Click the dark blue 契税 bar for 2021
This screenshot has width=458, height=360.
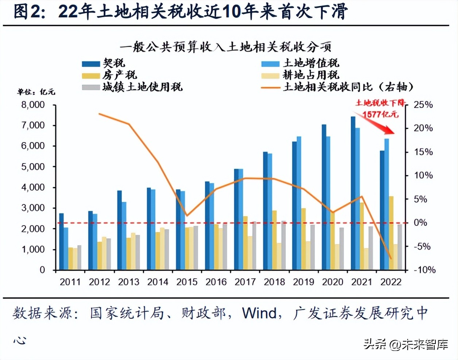pyautogui.click(x=353, y=193)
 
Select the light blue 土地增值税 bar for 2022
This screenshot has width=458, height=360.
pyautogui.click(x=387, y=204)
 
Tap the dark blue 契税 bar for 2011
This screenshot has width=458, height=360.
pyautogui.click(x=61, y=242)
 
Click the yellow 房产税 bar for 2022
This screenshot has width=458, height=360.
pyautogui.click(x=391, y=233)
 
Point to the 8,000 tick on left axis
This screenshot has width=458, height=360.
pyautogui.click(x=33, y=105)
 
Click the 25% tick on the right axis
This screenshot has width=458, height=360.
pyautogui.click(x=423, y=105)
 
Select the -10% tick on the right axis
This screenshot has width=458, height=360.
pyautogui.click(x=424, y=270)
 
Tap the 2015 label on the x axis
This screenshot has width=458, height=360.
pyautogui.click(x=187, y=282)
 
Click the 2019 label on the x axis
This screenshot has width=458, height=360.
pyautogui.click(x=303, y=282)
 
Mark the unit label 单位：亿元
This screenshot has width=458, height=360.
pyautogui.click(x=36, y=92)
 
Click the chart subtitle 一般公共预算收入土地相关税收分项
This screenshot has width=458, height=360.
pyautogui.click(x=225, y=47)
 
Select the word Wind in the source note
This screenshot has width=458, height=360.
pyautogui.click(x=259, y=313)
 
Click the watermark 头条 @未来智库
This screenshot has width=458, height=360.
pyautogui.click(x=405, y=344)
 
